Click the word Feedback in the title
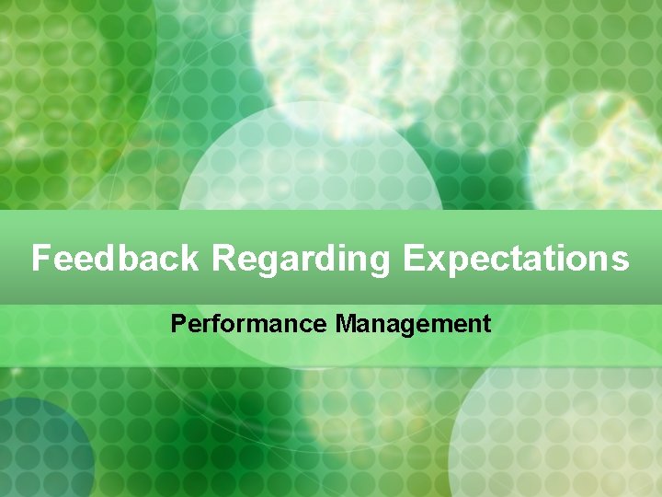(115, 259)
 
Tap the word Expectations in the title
(516, 259)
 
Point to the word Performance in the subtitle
(249, 324)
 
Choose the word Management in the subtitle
(413, 325)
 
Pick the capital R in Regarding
(224, 259)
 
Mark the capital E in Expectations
(413, 259)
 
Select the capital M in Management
(345, 324)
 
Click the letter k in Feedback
(188, 259)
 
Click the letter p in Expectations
(458, 262)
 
